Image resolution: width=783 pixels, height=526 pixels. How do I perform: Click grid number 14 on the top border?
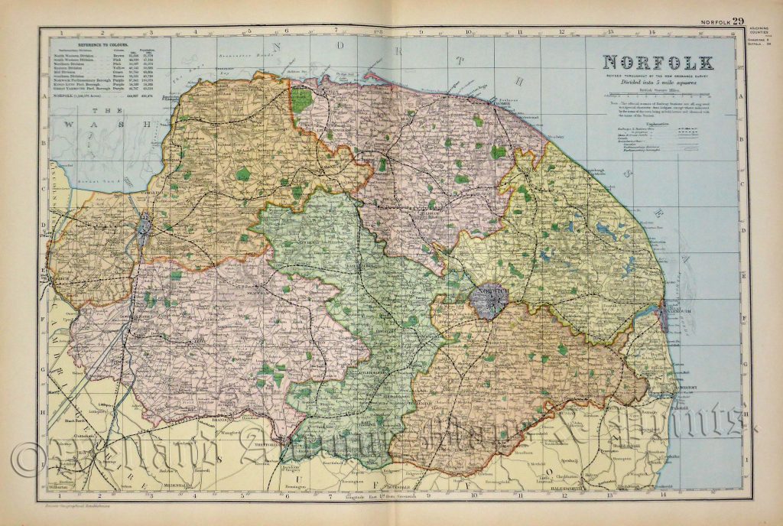[652, 32]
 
